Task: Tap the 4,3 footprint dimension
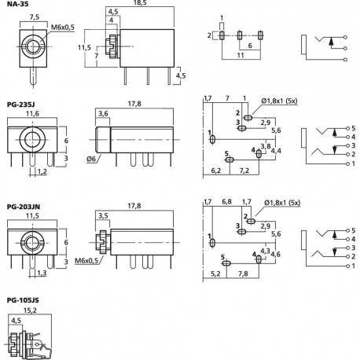(265, 252)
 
